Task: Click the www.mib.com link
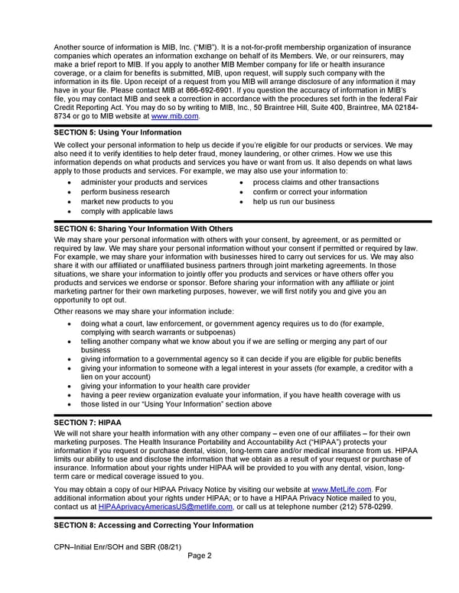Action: point(175,116)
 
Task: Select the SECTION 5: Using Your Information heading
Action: point(118,132)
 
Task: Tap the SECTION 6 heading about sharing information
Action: point(144,228)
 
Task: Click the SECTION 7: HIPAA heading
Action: point(88,422)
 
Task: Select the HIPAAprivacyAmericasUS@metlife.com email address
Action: point(165,507)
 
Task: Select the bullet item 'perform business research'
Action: point(125,192)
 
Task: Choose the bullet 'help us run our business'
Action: point(293,202)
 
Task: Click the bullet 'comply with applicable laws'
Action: point(126,211)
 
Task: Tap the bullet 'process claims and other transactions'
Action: point(315,182)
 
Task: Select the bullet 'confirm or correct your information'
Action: point(310,192)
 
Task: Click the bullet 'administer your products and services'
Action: point(143,182)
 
